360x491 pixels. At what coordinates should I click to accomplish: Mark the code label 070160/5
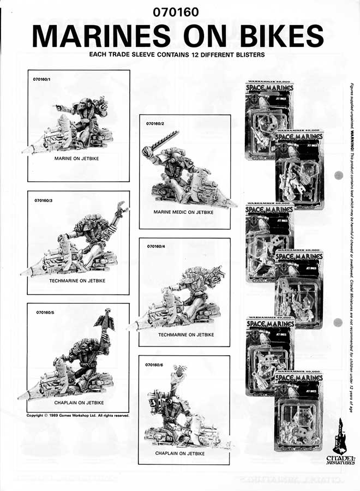pos(44,312)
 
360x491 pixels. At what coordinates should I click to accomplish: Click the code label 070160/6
pos(155,364)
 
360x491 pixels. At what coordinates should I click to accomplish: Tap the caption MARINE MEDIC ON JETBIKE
pos(184,212)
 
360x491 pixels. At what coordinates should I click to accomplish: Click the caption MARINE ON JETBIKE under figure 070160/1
pos(79,158)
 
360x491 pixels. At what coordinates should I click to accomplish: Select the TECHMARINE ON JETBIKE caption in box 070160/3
pos(77,280)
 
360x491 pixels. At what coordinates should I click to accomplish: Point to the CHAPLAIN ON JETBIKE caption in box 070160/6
pos(183,453)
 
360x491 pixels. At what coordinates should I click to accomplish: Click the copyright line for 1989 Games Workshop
pos(78,415)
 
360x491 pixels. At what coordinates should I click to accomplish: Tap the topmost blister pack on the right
pos(269,117)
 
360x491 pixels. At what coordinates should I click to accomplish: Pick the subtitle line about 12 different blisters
pos(176,55)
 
